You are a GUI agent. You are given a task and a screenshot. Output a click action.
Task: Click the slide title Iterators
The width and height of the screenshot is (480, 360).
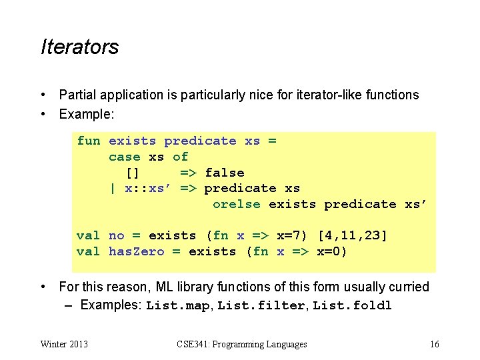79,47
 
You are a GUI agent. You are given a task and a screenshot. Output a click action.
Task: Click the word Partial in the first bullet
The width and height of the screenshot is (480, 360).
77,95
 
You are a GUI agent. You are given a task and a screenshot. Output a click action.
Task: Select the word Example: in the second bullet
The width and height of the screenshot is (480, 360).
87,114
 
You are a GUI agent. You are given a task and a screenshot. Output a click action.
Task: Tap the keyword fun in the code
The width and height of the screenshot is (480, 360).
89,141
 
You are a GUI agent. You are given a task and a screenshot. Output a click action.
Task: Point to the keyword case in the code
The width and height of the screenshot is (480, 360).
125,157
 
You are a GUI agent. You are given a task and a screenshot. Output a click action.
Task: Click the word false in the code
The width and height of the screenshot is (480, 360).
225,173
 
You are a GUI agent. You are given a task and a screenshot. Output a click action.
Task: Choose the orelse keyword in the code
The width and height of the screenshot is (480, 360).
237,204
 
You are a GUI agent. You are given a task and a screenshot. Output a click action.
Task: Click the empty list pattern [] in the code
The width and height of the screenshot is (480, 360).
132,173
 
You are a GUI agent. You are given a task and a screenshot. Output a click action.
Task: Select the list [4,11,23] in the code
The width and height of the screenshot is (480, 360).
353,235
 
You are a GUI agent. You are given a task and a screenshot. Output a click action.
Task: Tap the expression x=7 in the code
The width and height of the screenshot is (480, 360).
291,235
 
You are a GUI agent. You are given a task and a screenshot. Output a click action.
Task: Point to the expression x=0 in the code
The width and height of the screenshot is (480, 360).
331,251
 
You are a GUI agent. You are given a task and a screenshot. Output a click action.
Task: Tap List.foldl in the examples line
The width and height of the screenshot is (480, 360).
353,306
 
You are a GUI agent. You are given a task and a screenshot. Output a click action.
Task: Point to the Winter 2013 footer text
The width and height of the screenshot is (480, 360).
64,344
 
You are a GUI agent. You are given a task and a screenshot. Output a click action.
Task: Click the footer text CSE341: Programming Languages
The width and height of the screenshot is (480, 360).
242,344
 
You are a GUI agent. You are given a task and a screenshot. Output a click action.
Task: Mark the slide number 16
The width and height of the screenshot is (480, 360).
434,344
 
